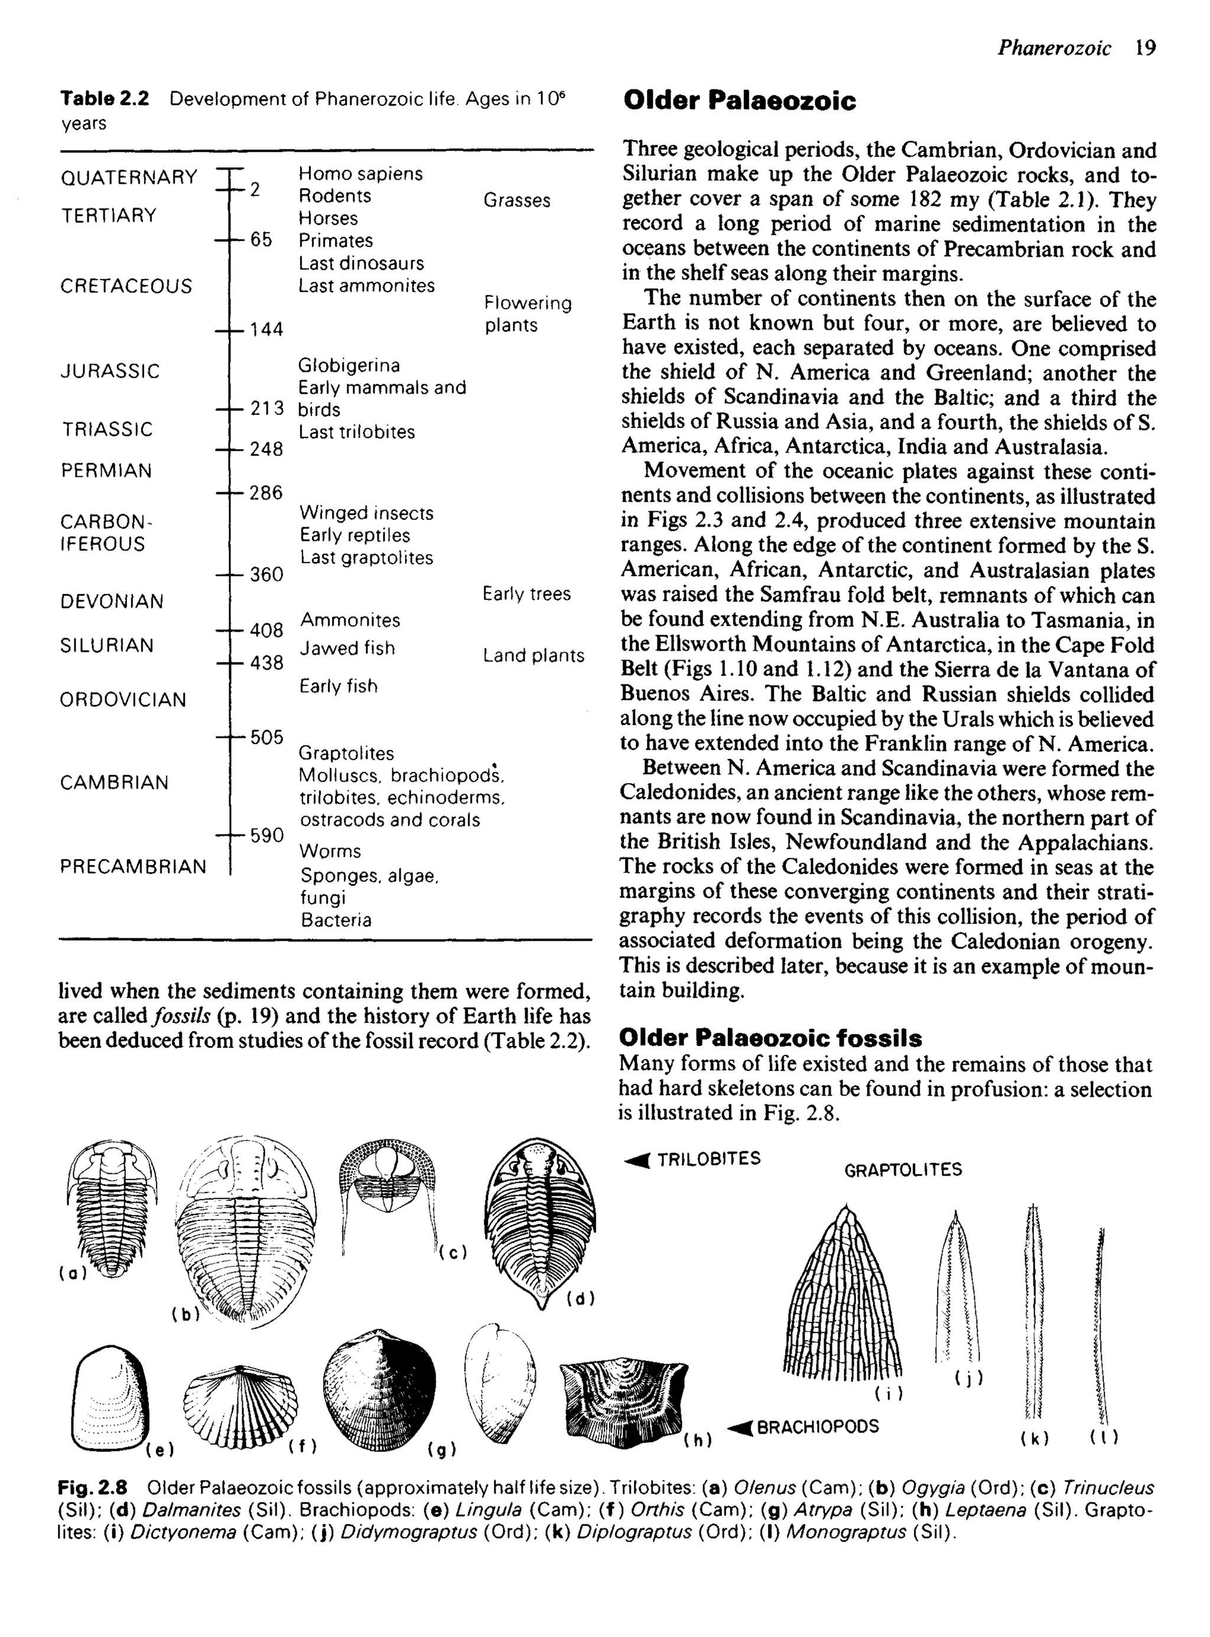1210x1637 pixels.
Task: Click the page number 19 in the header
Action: pos(1145,48)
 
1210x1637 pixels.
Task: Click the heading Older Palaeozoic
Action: pos(739,100)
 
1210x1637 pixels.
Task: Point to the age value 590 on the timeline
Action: pos(266,835)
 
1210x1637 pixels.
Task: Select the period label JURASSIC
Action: pos(110,371)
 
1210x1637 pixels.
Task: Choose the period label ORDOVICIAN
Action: pos(123,700)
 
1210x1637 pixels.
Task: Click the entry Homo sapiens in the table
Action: pos(360,174)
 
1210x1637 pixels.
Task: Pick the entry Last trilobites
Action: pos(356,432)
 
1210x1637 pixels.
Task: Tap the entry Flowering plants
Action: pos(528,313)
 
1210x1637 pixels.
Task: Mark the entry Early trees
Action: pos(526,594)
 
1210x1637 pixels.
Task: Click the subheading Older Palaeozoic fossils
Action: pos(770,1038)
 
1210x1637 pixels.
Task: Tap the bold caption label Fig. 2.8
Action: pos(92,1487)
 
